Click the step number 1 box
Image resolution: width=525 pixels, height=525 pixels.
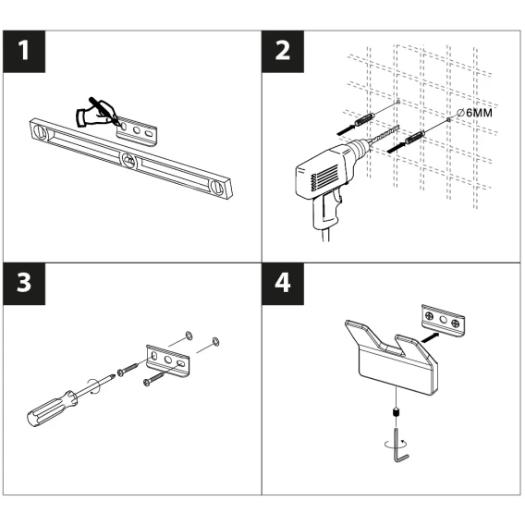pyautogui.click(x=24, y=51)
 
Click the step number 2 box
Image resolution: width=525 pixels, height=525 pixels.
pyautogui.click(x=283, y=51)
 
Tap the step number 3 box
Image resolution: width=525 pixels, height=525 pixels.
pyautogui.click(x=24, y=284)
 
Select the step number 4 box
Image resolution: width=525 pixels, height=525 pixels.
pyautogui.click(x=283, y=284)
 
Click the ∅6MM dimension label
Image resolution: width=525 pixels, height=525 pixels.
pyautogui.click(x=475, y=113)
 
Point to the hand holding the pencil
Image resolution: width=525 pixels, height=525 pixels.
pyautogui.click(x=96, y=114)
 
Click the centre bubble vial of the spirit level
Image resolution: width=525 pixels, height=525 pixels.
pyautogui.click(x=129, y=161)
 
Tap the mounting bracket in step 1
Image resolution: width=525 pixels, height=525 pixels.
pyautogui.click(x=137, y=131)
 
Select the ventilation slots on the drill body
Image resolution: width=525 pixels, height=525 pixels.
pyautogui.click(x=324, y=177)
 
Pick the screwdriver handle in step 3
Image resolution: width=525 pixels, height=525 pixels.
pyautogui.click(x=52, y=409)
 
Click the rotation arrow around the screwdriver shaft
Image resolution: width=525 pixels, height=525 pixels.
pyautogui.click(x=93, y=386)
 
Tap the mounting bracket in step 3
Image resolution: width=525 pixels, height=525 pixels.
pyautogui.click(x=167, y=360)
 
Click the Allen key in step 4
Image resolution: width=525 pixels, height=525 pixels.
pyautogui.click(x=400, y=446)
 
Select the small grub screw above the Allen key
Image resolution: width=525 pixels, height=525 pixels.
pyautogui.click(x=396, y=412)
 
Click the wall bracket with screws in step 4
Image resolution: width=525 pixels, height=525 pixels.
pyautogui.click(x=443, y=321)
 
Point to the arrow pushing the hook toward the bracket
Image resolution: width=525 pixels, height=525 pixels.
pyautogui.click(x=430, y=337)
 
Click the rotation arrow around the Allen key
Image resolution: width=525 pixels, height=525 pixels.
pyautogui.click(x=397, y=444)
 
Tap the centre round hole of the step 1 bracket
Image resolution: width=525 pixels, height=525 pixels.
pyautogui.click(x=137, y=130)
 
